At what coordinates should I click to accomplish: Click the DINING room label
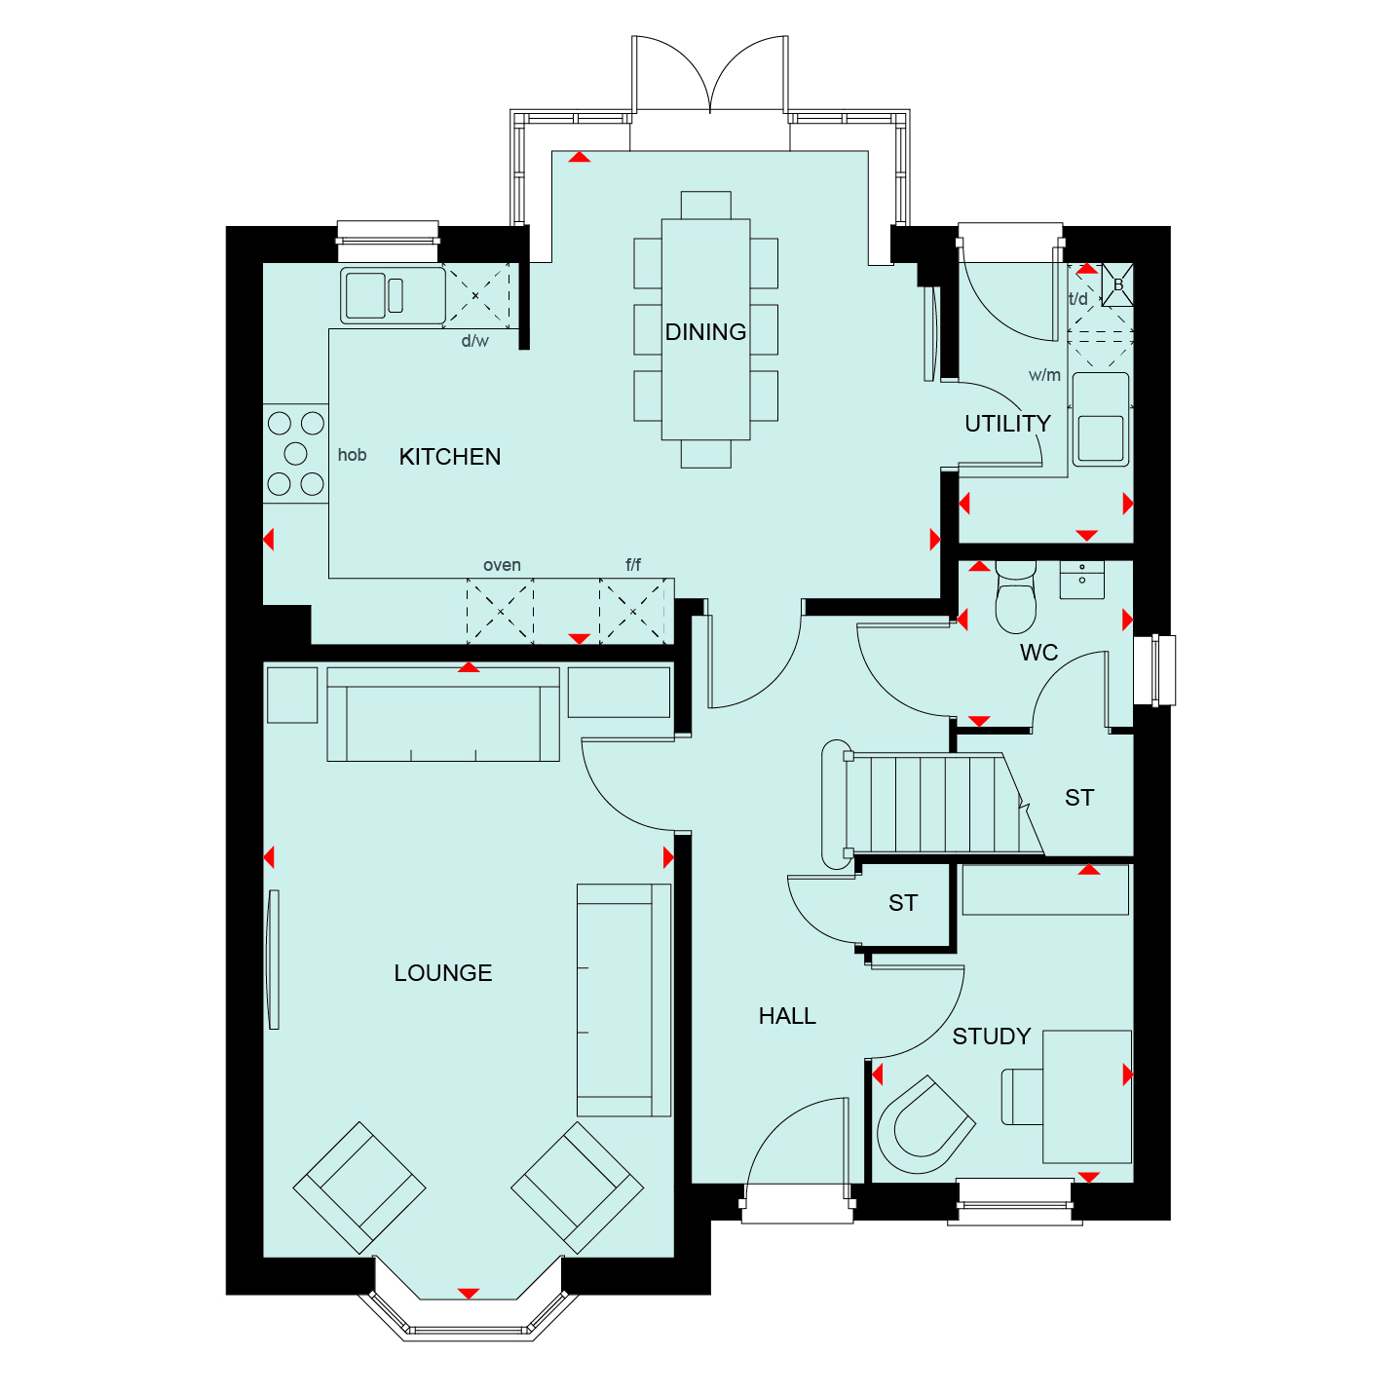[x=705, y=332]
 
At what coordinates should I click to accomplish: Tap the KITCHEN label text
[x=450, y=457]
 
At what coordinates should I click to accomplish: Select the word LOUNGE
[x=442, y=972]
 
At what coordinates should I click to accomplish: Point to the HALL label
[x=787, y=1016]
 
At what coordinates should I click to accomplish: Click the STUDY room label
[x=991, y=1037]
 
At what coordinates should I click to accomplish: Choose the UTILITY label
[x=1007, y=423]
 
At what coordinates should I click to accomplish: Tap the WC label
[x=1038, y=653]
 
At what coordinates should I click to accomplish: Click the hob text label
[x=352, y=454]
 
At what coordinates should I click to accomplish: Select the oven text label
[x=502, y=565]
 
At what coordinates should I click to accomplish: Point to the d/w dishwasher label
[x=475, y=341]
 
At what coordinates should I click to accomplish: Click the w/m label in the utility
[x=1044, y=375]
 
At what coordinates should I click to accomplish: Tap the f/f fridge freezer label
[x=633, y=564]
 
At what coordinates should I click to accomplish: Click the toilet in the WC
[x=1016, y=597]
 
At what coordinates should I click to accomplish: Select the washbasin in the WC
[x=1081, y=580]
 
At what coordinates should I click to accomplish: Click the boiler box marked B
[x=1117, y=284]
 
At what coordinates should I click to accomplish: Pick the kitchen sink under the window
[x=393, y=295]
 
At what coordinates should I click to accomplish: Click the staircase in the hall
[x=933, y=804]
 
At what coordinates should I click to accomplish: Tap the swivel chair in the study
[x=925, y=1124]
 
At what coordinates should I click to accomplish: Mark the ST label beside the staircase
[x=1078, y=797]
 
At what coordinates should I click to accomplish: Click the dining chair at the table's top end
[x=705, y=206]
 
